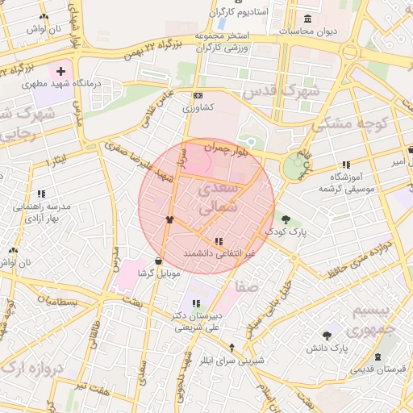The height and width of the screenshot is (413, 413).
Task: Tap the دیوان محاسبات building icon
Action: point(307,19)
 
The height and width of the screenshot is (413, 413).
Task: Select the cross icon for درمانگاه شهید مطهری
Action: point(60,71)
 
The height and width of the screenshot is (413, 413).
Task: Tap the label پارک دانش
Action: point(326,349)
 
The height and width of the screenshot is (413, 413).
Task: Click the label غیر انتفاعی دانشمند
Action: point(219,253)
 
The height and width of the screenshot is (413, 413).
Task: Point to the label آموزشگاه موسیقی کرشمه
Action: point(348,181)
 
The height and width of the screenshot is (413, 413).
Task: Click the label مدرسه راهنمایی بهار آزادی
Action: point(42,212)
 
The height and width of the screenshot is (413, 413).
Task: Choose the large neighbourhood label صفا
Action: point(247,286)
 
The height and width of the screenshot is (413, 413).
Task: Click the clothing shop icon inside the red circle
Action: point(169,219)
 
